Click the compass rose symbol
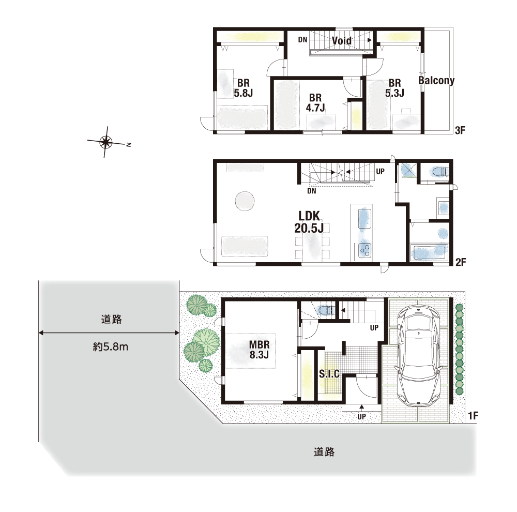(106, 143)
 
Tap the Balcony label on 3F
(436, 80)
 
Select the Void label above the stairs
(342, 40)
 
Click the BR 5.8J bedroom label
(244, 88)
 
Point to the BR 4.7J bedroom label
(315, 102)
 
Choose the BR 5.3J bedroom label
(394, 88)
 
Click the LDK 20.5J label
(309, 222)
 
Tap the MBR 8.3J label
(259, 350)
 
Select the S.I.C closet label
(329, 373)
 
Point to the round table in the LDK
(245, 201)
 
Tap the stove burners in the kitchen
(364, 250)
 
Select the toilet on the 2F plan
(439, 172)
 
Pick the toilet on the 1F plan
(326, 311)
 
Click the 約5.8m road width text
(111, 347)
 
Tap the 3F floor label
(460, 130)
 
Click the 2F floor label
(461, 262)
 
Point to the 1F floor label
(473, 416)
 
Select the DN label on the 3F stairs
(302, 40)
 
